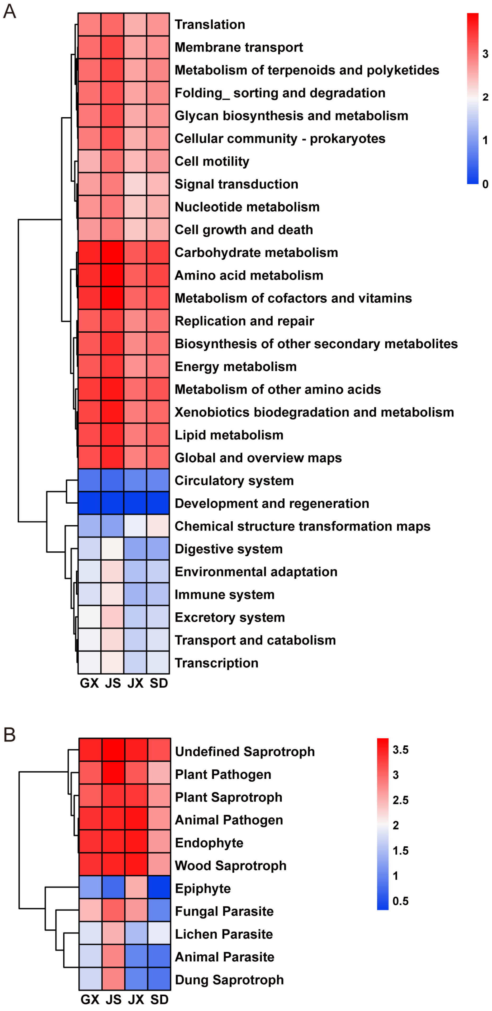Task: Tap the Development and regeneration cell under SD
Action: click(x=158, y=503)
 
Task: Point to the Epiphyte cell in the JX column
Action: click(x=136, y=888)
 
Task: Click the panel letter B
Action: click(x=10, y=735)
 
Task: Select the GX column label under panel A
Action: click(x=89, y=683)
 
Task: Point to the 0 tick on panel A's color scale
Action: click(x=485, y=184)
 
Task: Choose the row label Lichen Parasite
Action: click(x=224, y=934)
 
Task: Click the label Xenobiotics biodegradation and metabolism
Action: click(x=314, y=412)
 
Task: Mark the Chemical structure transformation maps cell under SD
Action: click(x=158, y=526)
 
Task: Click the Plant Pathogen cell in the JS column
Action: click(x=113, y=774)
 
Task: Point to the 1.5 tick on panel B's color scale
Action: click(x=400, y=851)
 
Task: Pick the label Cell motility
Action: click(x=212, y=161)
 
